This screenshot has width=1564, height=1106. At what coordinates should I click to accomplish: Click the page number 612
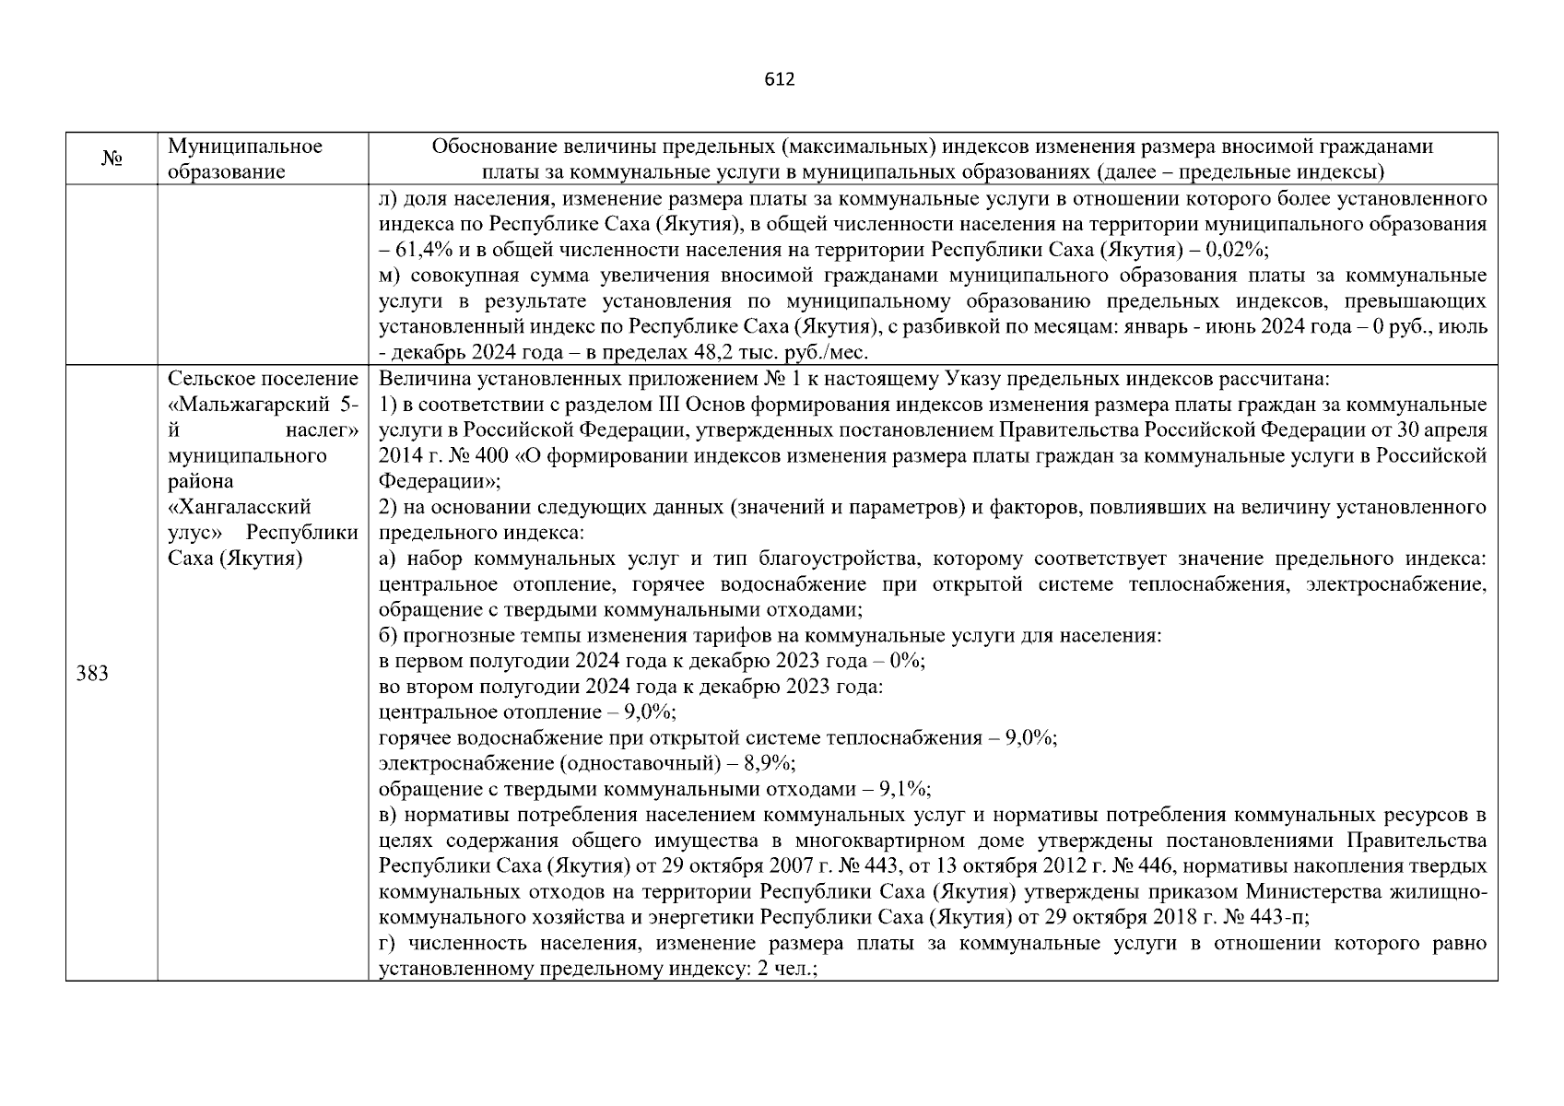click(x=780, y=79)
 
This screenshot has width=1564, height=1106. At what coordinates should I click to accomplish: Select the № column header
click(x=112, y=159)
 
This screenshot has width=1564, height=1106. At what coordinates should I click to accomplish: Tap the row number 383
click(x=92, y=674)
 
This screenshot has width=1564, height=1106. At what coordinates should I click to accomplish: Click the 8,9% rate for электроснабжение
click(x=775, y=763)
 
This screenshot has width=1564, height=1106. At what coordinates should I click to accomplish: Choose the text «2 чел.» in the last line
click(x=788, y=970)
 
